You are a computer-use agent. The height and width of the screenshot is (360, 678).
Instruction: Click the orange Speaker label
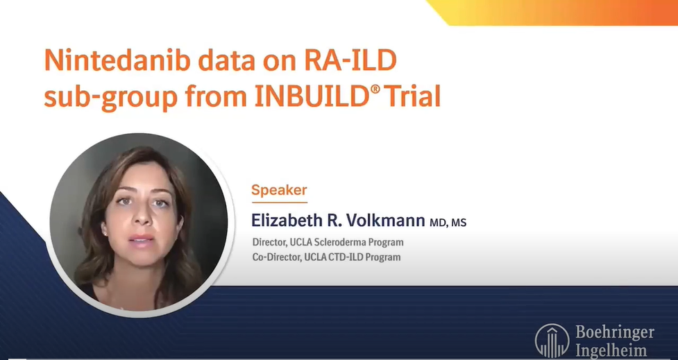279,189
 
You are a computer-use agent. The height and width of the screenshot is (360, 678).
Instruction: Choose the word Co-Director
276,257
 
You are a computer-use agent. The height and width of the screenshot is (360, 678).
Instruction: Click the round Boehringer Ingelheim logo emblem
552,341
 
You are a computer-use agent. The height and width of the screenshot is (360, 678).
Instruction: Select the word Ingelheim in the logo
611,350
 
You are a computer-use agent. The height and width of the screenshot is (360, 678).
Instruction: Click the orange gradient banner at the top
555,12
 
